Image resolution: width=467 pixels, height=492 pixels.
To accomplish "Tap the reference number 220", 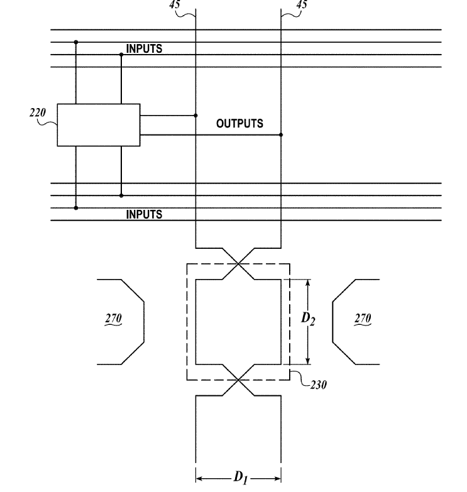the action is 38,112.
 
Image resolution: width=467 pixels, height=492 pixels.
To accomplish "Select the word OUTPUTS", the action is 239,123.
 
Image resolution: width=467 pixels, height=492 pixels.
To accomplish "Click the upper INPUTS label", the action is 144,48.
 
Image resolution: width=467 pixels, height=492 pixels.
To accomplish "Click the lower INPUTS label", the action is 144,214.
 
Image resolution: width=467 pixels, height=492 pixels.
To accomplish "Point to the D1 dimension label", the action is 241,478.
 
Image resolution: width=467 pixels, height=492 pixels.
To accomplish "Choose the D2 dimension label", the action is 308,319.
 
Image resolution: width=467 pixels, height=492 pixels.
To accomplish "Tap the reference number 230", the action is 318,385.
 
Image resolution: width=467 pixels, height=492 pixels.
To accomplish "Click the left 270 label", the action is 113,318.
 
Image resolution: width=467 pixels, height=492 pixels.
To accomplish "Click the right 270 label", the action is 363,318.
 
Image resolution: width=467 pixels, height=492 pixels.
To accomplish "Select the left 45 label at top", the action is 175,4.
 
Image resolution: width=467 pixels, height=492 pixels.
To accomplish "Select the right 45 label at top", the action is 302,4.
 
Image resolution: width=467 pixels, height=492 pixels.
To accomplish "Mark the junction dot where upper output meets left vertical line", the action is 195,116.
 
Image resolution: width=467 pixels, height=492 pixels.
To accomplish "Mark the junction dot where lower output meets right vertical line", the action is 281,134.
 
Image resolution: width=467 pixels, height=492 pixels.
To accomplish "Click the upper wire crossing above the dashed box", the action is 238,264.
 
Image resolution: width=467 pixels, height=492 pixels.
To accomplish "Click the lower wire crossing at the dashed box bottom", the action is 238,380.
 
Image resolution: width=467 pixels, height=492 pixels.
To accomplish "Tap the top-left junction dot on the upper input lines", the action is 76,42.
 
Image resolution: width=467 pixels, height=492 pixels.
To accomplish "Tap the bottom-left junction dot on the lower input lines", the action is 76,208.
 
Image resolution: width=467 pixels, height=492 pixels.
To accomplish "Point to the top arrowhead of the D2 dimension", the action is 307,282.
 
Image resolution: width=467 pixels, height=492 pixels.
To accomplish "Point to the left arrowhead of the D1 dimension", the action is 199,479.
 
